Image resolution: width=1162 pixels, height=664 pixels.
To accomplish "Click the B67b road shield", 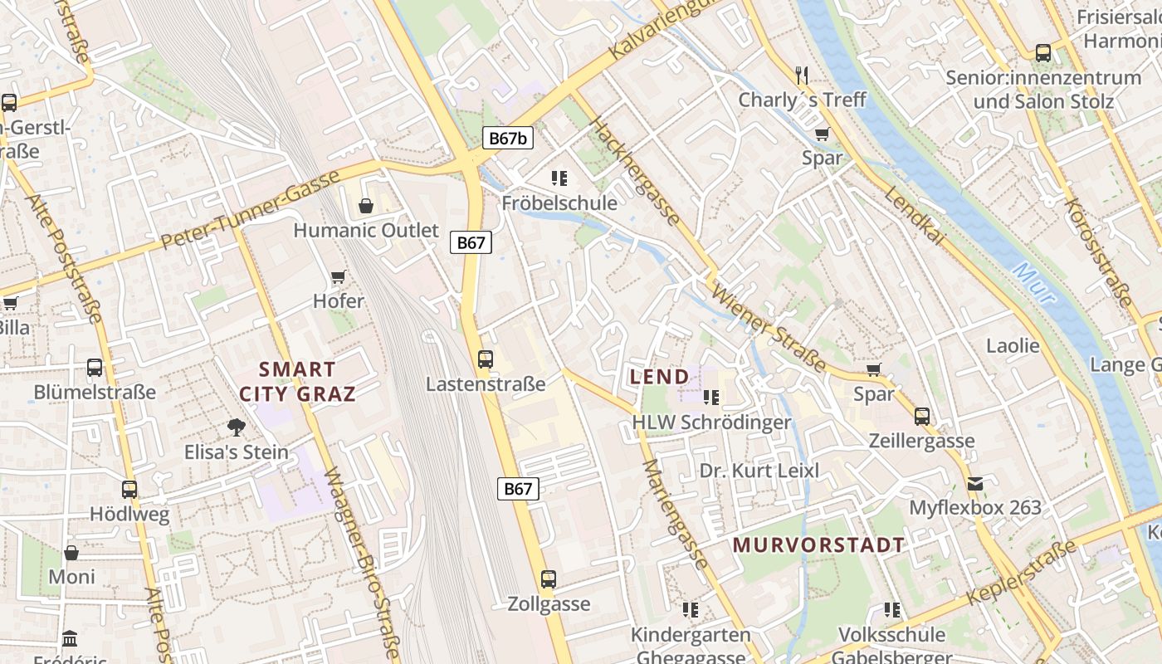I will tap(507, 138).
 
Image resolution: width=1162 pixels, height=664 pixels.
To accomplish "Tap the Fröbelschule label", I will tap(559, 203).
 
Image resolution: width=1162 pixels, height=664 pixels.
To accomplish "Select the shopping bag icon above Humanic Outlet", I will tap(365, 206).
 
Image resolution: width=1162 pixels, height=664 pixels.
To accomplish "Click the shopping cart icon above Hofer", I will tap(338, 277).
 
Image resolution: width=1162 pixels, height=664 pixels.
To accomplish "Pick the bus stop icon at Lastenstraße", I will tap(486, 359).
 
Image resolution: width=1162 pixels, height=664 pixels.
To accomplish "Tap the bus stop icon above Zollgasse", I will tap(548, 579).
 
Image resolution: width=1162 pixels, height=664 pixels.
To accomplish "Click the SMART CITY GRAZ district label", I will tap(297, 382).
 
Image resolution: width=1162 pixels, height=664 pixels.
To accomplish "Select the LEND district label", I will tap(660, 377).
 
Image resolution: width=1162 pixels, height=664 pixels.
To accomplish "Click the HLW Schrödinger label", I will tap(711, 422).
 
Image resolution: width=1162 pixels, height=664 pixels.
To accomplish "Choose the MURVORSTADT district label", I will tap(818, 545).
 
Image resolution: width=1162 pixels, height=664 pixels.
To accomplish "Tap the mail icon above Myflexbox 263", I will tap(974, 483).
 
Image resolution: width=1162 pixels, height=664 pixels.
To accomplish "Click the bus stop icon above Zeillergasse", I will tap(922, 417).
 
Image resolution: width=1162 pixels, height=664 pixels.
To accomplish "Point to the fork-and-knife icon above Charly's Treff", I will tap(802, 76).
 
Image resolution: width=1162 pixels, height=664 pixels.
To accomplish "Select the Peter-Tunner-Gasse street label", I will tap(251, 210).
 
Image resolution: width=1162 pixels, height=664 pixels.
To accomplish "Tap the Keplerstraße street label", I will tap(1021, 573).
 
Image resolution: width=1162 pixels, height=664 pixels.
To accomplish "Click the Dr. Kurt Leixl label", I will tap(759, 471).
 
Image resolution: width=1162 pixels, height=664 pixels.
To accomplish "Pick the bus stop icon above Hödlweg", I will tap(129, 490).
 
